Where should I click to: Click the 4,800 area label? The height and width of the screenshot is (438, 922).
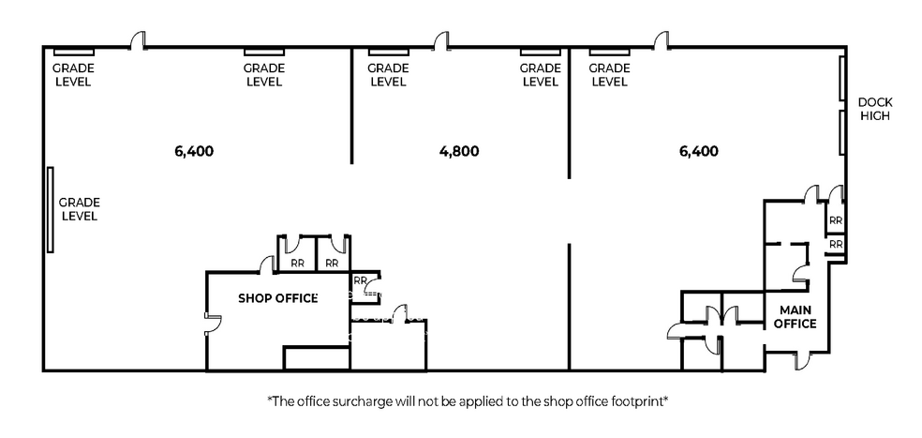pos(459,151)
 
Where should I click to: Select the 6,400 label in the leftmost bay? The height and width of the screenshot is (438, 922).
pos(194,151)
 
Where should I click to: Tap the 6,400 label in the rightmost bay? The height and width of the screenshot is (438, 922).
pos(699,151)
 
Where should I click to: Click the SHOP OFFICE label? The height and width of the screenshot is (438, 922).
pos(277,298)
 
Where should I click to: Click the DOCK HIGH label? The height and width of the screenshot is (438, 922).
pos(875,109)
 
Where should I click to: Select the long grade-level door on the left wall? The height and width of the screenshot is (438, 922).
pos(50,210)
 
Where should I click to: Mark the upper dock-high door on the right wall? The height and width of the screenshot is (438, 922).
pos(842,78)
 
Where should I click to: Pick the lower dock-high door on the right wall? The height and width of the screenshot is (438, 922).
pos(842,132)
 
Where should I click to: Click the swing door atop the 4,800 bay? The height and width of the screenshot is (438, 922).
pos(441,41)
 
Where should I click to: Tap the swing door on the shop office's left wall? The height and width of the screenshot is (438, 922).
pos(213,323)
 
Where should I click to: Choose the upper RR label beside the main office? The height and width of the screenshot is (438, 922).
pos(836,221)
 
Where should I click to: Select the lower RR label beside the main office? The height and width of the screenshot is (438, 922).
pos(836,244)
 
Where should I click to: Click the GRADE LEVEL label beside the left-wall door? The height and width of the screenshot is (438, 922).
pos(79,209)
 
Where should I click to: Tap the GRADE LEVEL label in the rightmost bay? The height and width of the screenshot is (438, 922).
pos(609,75)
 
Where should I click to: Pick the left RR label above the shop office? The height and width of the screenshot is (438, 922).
pos(298,264)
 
